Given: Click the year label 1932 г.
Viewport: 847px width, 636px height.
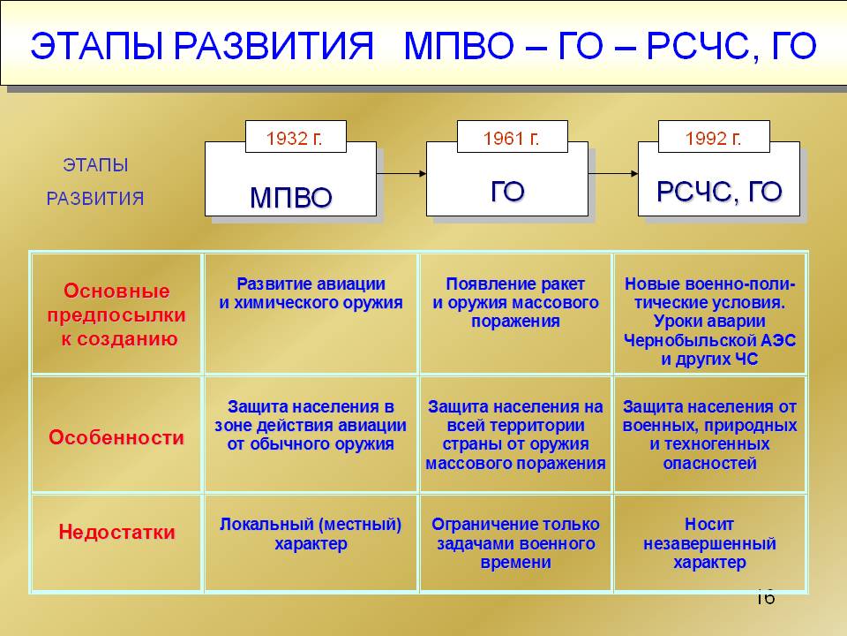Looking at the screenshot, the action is pyautogui.click(x=295, y=139).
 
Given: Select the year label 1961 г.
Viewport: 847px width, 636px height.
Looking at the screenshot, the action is pyautogui.click(x=512, y=139).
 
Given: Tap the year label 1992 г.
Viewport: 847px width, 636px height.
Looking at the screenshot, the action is pyautogui.click(x=713, y=139).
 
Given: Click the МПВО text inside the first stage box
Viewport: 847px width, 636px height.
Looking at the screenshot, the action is pyautogui.click(x=290, y=197).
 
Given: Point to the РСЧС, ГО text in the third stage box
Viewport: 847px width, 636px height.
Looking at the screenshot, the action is pyautogui.click(x=719, y=192).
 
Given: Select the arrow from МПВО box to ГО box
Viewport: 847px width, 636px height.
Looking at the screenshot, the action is pyautogui.click(x=401, y=174).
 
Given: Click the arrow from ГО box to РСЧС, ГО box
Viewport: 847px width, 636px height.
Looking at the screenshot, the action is pyautogui.click(x=613, y=174).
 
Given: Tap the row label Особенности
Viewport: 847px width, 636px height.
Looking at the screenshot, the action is pyautogui.click(x=116, y=437).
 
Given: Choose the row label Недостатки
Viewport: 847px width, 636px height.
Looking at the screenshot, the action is pyautogui.click(x=116, y=532).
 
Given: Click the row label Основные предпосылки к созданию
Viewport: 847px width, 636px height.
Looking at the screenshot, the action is pyautogui.click(x=116, y=314).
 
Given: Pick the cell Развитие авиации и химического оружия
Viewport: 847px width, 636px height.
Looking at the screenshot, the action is pyautogui.click(x=311, y=293).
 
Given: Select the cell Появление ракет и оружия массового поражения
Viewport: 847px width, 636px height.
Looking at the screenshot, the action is pyautogui.click(x=515, y=302).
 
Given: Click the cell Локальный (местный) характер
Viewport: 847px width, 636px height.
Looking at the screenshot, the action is pyautogui.click(x=311, y=534).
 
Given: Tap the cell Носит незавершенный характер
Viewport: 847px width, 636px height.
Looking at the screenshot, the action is pyautogui.click(x=709, y=543).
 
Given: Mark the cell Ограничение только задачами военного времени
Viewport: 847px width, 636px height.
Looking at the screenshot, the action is pyautogui.click(x=515, y=543).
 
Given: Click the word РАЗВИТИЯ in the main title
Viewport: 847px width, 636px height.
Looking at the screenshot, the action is pyautogui.click(x=274, y=46).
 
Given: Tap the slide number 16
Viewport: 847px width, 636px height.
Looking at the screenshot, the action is pyautogui.click(x=765, y=598).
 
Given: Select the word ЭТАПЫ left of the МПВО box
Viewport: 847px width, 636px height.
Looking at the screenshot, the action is pyautogui.click(x=95, y=165).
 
